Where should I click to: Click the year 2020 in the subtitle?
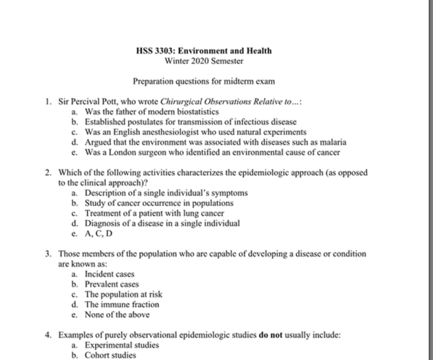click(x=200, y=61)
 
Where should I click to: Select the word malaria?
click(x=333, y=142)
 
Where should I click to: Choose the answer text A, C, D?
click(x=98, y=234)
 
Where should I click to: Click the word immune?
click(x=115, y=305)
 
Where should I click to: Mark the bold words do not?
click(x=270, y=335)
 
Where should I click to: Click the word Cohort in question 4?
click(x=96, y=355)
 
